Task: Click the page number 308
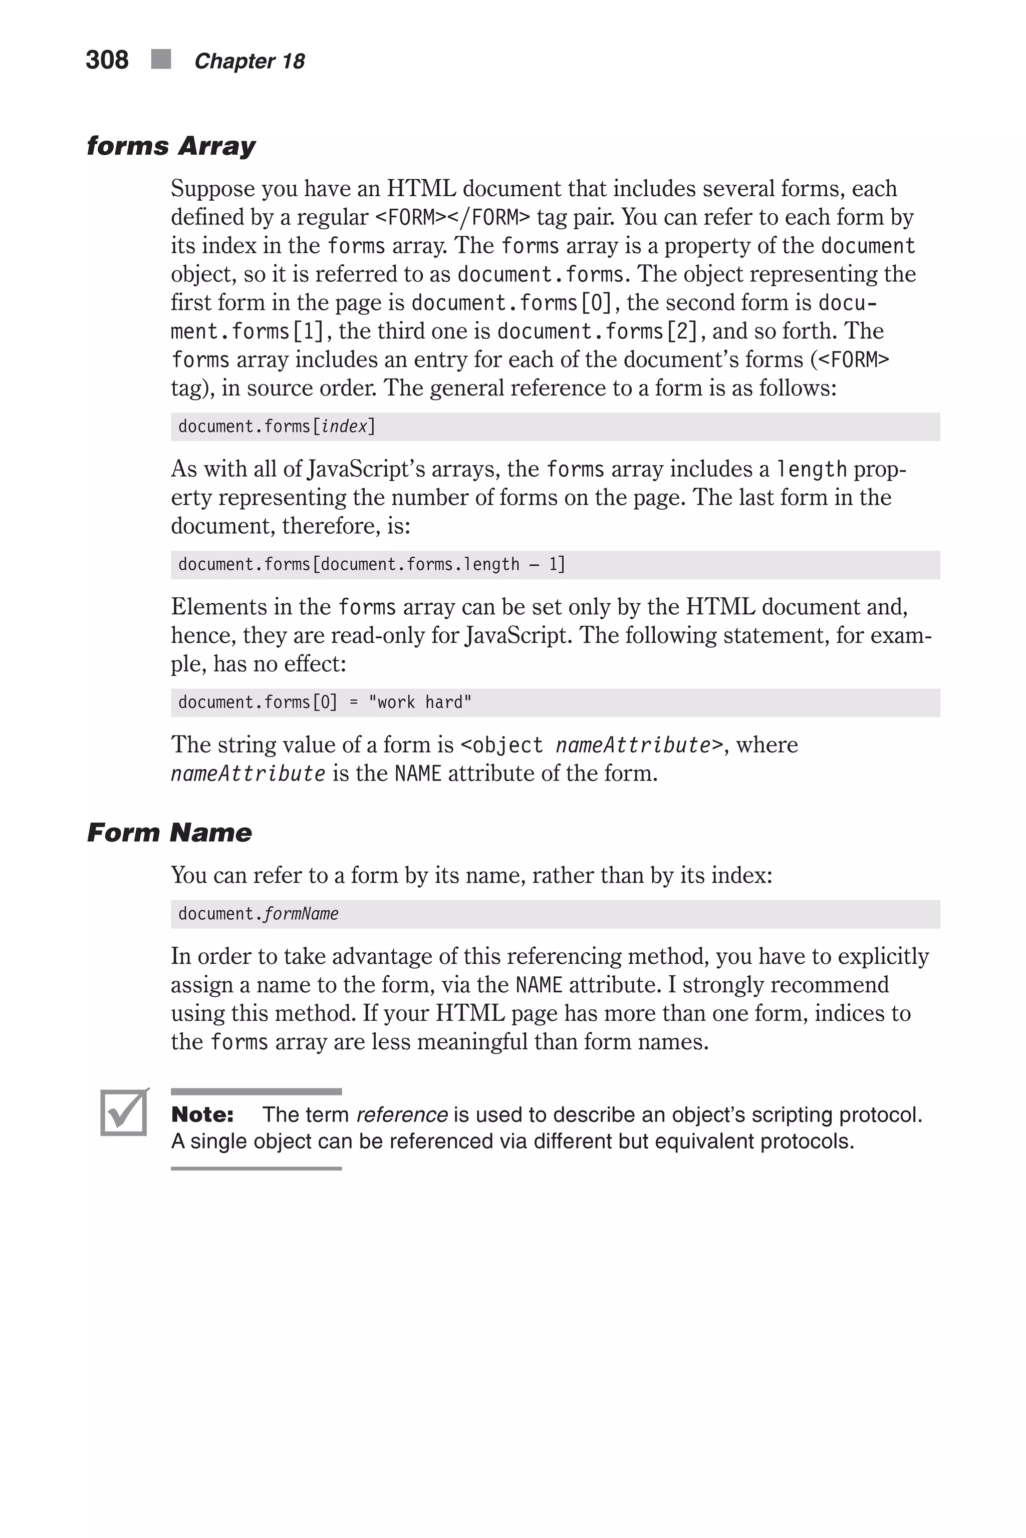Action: (107, 60)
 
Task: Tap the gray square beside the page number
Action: (161, 60)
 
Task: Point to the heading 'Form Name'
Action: (169, 833)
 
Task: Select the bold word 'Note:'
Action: (202, 1114)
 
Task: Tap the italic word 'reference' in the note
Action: (402, 1114)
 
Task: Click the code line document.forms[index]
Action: (276, 427)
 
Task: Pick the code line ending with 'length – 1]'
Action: (371, 564)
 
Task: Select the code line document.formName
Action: (258, 914)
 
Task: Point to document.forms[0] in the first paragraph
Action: (511, 303)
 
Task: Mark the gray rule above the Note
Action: (256, 1091)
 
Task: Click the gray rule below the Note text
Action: (256, 1168)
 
